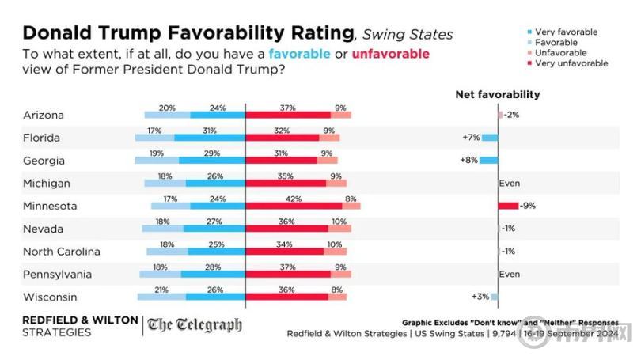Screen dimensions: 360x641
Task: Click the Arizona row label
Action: (x=44, y=115)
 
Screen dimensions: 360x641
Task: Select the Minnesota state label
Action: (x=50, y=206)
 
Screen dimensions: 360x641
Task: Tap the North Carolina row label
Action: (x=62, y=252)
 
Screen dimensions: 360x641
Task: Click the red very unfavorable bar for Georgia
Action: (x=281, y=160)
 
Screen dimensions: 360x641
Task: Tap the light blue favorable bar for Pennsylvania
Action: (x=160, y=275)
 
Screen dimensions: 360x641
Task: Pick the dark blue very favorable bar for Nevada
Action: (x=214, y=229)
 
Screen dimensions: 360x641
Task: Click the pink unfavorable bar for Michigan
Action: (x=336, y=183)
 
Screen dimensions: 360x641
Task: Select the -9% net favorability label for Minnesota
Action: (x=528, y=206)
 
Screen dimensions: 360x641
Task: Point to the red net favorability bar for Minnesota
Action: (x=508, y=206)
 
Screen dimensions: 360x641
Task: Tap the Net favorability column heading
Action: (x=497, y=94)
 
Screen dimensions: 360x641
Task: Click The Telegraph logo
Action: (x=194, y=325)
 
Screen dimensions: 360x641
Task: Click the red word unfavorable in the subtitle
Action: (x=391, y=54)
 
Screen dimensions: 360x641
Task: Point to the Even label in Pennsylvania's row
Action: (x=508, y=275)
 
